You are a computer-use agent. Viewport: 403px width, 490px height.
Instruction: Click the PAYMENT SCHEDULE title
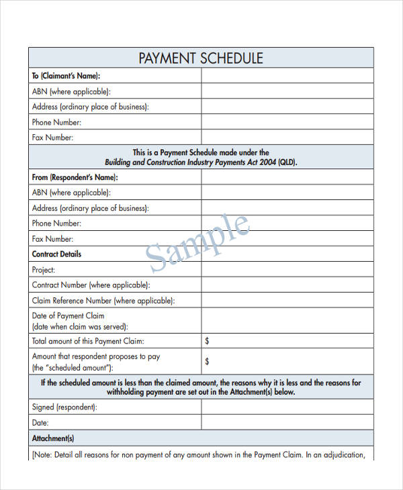pos(201,58)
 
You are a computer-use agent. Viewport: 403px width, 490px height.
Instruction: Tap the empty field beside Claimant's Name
pos(287,76)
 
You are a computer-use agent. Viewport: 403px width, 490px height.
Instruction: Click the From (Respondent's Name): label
pos(75,177)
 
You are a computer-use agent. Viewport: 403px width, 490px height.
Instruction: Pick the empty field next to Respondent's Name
pos(287,177)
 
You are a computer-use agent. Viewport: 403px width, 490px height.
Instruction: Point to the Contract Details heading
pos(56,254)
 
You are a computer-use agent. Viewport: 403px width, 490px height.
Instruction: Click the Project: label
pos(44,270)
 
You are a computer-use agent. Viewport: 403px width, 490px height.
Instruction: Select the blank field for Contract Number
pos(287,285)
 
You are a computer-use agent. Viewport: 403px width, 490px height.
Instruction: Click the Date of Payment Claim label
pos(68,315)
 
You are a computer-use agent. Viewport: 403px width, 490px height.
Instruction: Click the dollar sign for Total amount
pos(207,341)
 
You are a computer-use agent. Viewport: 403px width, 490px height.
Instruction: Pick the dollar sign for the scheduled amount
pos(207,362)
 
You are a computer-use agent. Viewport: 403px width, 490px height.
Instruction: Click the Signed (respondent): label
pos(64,407)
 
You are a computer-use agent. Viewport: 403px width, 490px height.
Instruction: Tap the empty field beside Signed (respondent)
pos(287,407)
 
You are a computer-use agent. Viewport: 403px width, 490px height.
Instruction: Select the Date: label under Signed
pos(40,422)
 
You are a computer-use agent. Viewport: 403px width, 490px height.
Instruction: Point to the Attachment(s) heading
pos(53,438)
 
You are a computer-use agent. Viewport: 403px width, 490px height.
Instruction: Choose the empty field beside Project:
pos(287,270)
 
